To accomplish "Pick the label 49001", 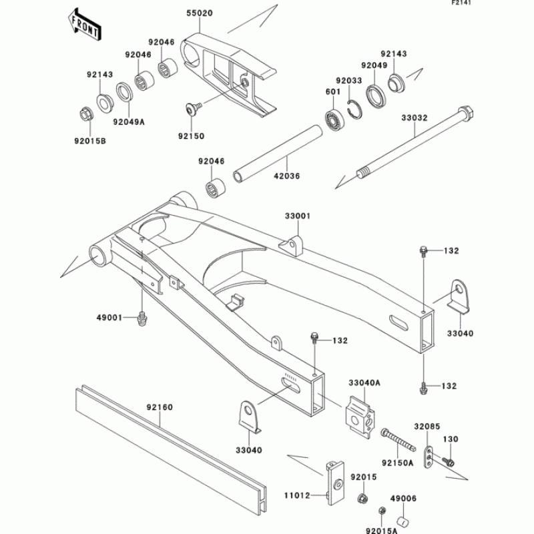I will coord(109,318).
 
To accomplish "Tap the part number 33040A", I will coord(364,383).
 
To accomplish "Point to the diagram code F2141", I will coord(517,4).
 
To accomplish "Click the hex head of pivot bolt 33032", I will coord(465,112).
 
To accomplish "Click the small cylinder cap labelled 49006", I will coord(403,521).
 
